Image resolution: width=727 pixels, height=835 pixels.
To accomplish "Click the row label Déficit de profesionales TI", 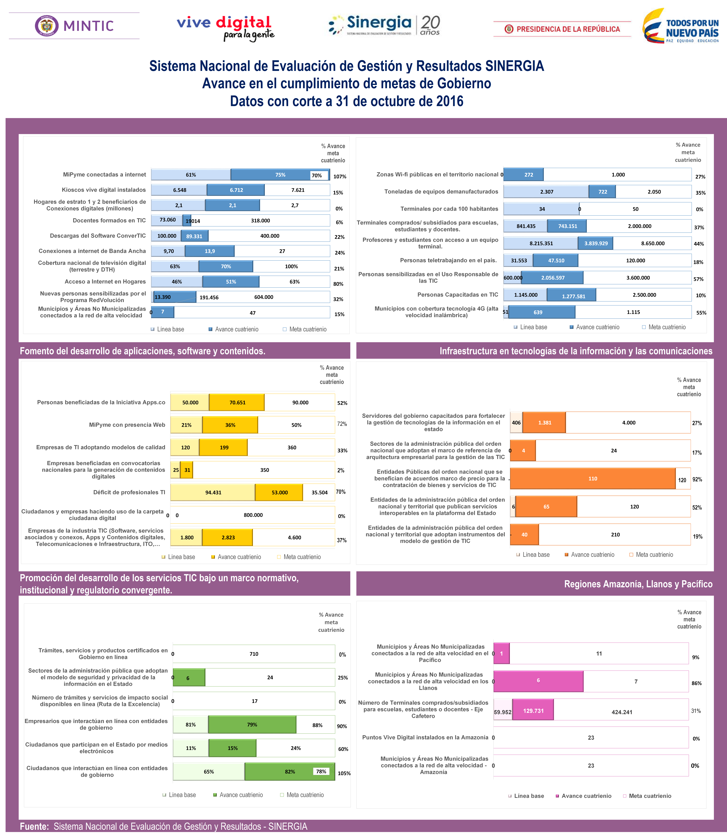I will (129, 492).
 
